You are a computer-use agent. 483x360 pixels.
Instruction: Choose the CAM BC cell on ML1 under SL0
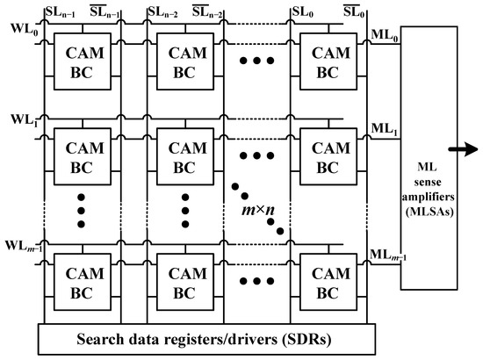pyautogui.click(x=324, y=153)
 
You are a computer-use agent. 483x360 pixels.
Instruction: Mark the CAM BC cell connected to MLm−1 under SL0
pyautogui.click(x=324, y=278)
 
